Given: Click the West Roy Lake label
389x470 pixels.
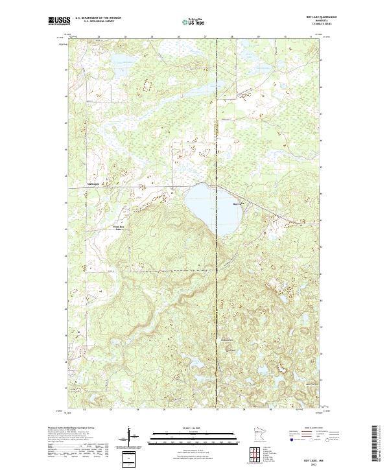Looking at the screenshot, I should pos(118,228).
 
